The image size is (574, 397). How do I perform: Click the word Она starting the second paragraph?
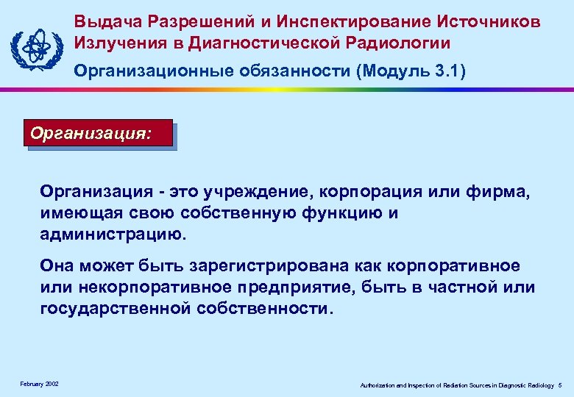[x=57, y=266]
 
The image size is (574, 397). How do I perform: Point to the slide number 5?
[x=560, y=385]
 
